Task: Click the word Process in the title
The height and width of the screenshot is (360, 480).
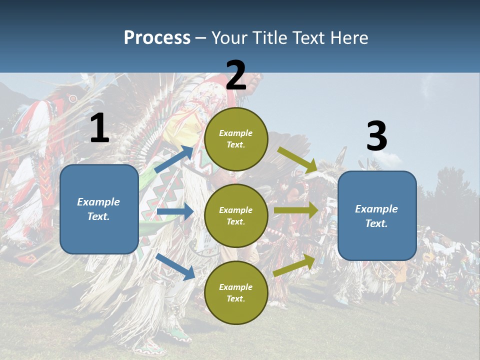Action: [157, 37]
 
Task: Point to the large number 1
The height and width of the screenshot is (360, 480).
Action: [99, 128]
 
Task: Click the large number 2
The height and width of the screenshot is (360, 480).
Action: [236, 75]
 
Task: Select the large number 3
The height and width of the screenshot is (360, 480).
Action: [376, 136]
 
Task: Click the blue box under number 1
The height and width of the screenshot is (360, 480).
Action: [99, 209]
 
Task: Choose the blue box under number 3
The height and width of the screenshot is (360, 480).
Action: [377, 216]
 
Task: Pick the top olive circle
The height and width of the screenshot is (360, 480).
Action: [236, 139]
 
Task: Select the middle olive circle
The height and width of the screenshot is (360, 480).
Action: [236, 215]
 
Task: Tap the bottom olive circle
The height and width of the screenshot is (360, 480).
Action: [236, 292]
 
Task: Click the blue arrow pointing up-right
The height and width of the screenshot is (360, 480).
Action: [174, 159]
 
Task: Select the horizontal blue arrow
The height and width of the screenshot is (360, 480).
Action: [175, 211]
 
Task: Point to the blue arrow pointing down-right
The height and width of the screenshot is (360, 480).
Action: [175, 266]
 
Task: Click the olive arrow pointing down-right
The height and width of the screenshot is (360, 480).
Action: [297, 159]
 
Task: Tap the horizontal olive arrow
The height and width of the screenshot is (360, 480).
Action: [296, 210]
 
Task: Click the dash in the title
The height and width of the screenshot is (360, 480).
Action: [201, 38]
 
